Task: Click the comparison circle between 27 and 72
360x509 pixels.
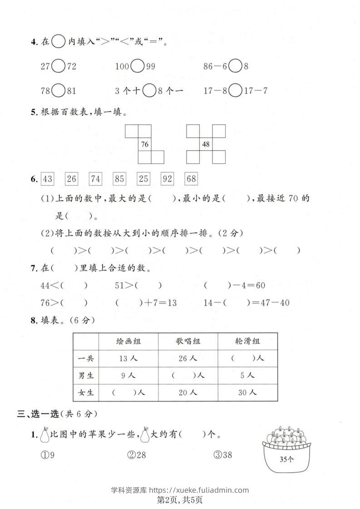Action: (x=58, y=67)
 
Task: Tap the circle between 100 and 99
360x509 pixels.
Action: (x=137, y=67)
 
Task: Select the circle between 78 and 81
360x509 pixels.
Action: (x=58, y=91)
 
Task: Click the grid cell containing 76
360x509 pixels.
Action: (x=145, y=145)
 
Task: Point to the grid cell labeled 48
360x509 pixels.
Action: (x=206, y=145)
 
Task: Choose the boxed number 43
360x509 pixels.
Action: (x=47, y=179)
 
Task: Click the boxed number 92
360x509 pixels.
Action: (x=168, y=179)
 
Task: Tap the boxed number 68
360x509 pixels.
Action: (x=192, y=179)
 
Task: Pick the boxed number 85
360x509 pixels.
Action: (x=119, y=179)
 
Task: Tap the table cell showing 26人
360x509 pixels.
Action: (x=187, y=358)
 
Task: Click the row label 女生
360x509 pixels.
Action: (x=86, y=392)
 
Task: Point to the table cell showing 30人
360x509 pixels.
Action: (x=247, y=392)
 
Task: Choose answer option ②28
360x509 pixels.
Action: (x=136, y=455)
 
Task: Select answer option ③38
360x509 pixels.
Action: (x=223, y=455)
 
